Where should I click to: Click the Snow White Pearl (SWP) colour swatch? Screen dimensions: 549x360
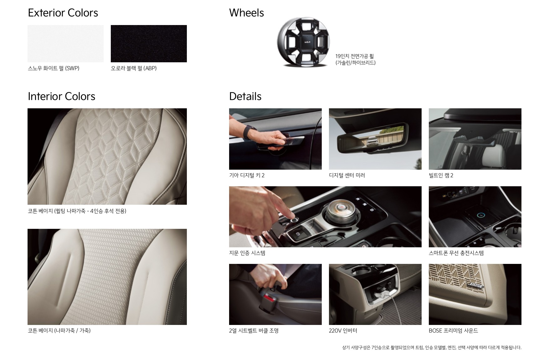coord(65,44)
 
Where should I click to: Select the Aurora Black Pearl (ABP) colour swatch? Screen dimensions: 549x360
coord(149,44)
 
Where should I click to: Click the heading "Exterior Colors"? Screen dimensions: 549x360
coord(63,13)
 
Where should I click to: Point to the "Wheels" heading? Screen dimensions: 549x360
coord(246,13)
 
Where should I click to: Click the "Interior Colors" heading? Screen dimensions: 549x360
coord(61,96)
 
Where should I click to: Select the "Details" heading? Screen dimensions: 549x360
coord(245,96)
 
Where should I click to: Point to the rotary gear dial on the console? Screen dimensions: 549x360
coord(338,213)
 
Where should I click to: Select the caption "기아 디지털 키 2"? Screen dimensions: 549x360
coord(247,175)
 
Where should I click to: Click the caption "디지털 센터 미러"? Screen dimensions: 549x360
coord(347,175)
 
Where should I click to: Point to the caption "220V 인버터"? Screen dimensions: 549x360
coord(343,331)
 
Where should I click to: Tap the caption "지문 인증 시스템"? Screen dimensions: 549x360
coord(247,253)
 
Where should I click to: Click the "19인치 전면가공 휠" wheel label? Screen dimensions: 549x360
coord(354,56)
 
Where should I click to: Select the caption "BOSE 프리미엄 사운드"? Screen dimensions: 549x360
coord(453,331)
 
